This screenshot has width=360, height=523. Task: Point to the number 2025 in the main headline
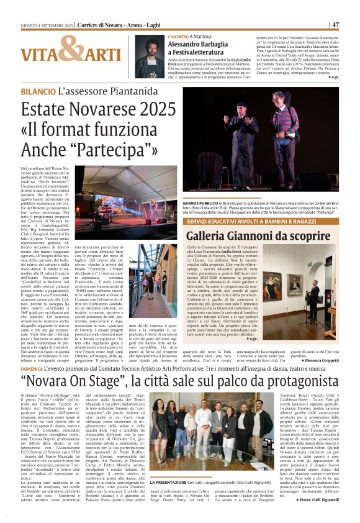pyautogui.click(x=151, y=109)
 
